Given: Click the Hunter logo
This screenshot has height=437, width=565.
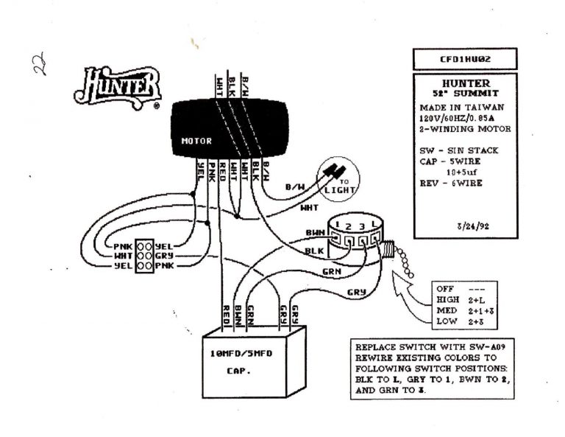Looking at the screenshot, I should tap(118, 87).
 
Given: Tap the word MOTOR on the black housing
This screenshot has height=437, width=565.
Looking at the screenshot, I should tap(196, 141).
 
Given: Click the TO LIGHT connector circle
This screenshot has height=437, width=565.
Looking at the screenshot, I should tap(336, 180).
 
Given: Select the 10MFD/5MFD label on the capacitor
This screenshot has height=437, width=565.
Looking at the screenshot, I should tap(241, 354).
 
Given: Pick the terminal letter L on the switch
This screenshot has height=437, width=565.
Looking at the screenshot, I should tap(375, 223).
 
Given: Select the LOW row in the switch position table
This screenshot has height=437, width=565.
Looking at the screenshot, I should tap(458, 322).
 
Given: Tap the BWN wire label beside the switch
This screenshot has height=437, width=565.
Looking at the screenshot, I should tap(315, 233).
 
